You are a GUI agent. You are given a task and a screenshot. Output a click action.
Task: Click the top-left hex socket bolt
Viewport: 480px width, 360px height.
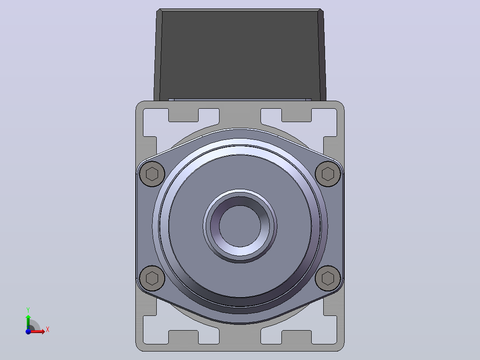152,174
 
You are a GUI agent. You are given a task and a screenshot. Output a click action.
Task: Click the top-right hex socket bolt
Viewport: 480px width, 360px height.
328,174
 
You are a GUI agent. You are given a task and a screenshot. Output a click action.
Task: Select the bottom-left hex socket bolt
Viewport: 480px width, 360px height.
152,278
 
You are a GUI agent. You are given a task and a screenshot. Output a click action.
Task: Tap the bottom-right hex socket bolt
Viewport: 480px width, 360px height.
328,278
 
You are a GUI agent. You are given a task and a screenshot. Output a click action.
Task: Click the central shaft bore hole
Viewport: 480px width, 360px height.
240,226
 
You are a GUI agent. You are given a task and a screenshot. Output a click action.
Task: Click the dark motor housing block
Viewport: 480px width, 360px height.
240,54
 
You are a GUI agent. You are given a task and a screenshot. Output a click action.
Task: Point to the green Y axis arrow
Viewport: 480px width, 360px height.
28,321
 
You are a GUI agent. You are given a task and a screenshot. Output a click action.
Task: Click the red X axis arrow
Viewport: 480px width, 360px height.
37,331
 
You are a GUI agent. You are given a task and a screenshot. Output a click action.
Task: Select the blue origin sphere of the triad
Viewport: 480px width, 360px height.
28,331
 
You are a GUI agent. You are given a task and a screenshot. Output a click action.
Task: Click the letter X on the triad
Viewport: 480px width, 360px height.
48,330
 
